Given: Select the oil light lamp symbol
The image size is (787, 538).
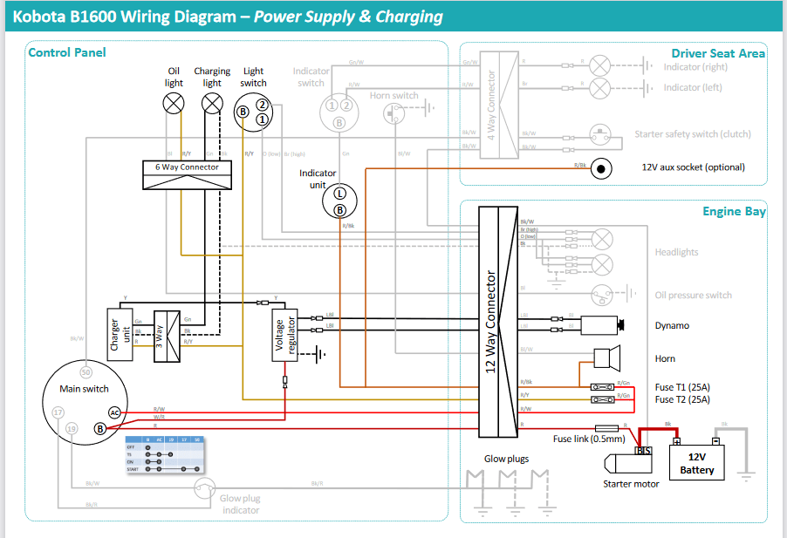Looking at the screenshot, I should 175,104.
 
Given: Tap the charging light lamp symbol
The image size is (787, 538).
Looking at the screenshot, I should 212,104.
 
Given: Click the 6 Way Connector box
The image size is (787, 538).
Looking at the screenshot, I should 187,174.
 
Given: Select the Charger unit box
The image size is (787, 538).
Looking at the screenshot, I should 119,334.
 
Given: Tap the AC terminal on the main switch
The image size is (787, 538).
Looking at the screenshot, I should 114,412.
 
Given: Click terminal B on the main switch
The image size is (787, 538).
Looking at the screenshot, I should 100,428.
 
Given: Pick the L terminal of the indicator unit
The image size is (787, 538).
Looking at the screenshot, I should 340,193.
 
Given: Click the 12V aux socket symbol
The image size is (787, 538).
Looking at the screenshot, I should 601,167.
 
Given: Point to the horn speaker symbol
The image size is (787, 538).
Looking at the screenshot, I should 604,358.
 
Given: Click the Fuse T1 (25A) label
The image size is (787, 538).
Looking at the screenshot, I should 682,386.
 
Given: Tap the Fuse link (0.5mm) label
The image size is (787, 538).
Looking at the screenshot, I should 589,439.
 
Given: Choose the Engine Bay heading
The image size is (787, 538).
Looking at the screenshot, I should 734,212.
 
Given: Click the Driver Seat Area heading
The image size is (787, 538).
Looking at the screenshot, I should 718,53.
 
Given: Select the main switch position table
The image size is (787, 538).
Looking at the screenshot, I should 165,453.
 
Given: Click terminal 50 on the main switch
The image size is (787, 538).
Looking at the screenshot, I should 86,372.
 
